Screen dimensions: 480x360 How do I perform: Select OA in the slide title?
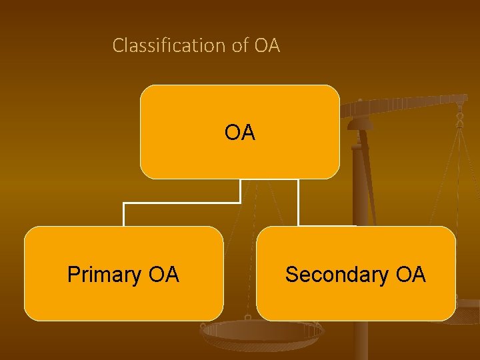click(267, 46)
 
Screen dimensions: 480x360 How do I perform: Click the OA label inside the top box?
click(240, 133)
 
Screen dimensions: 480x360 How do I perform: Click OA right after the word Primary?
click(163, 275)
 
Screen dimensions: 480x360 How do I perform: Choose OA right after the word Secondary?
click(410, 275)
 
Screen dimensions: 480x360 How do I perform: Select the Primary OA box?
click(123, 300)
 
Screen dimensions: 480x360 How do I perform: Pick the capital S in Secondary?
click(291, 275)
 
